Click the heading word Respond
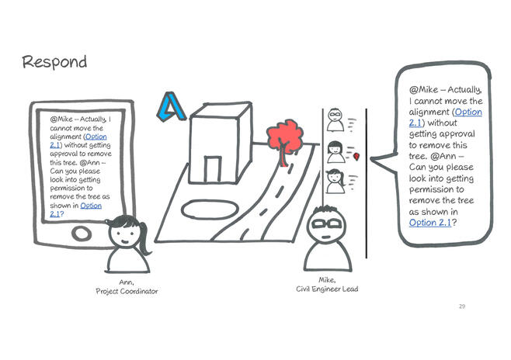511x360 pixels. (x=54, y=61)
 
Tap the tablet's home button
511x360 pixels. (x=82, y=231)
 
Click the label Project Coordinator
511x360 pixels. (x=127, y=291)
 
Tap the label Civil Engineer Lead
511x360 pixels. (x=326, y=289)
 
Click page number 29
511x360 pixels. (x=462, y=307)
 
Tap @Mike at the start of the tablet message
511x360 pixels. (x=62, y=120)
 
